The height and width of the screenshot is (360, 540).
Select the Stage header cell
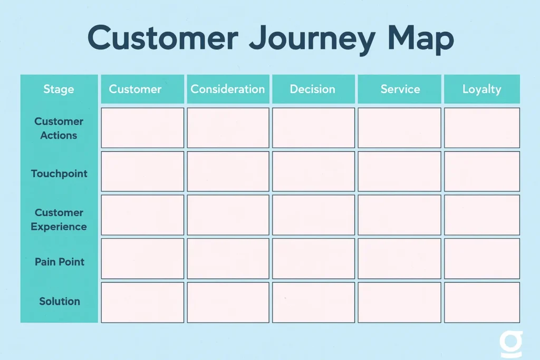(59, 89)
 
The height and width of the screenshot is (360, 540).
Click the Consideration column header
(228, 89)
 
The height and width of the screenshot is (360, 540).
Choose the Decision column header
(313, 89)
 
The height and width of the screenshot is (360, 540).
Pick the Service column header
(400, 89)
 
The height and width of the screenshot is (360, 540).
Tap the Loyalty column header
(481, 89)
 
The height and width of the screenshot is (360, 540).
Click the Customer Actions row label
(59, 128)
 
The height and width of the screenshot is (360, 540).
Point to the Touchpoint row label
(59, 173)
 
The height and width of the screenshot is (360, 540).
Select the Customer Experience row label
(59, 219)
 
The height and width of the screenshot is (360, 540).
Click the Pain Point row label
(59, 262)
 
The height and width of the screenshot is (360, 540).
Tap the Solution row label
(59, 301)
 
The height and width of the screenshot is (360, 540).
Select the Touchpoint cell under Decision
(314, 171)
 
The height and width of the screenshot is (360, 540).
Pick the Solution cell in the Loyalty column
(482, 302)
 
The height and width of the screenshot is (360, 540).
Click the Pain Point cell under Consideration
(228, 258)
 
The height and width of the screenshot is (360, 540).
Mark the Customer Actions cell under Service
(399, 128)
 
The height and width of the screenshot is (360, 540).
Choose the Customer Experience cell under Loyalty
(482, 215)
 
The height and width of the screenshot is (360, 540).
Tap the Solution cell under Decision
(314, 302)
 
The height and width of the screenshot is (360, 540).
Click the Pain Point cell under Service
(399, 258)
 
